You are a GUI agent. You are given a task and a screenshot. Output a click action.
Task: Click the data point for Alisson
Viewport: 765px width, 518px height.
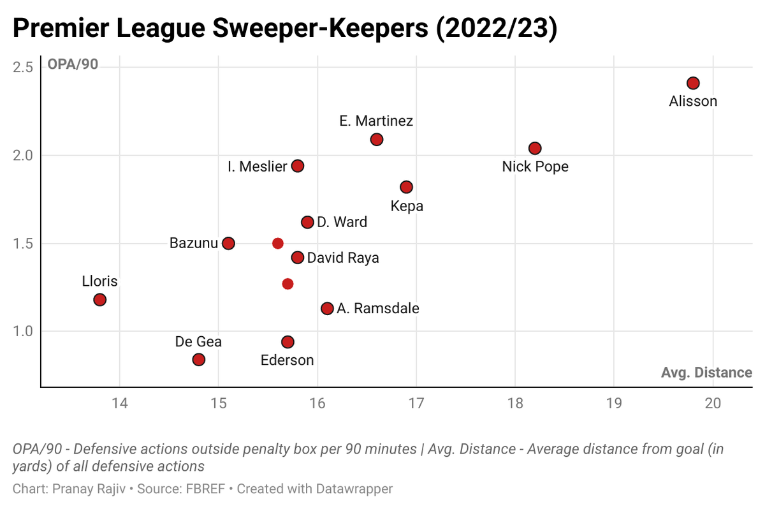tap(693, 84)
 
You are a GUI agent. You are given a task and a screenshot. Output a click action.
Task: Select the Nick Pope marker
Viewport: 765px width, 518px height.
tap(535, 148)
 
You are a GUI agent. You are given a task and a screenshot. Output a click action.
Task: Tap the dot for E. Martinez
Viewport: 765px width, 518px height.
tap(377, 139)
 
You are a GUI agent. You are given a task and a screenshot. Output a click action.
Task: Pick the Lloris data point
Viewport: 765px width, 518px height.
tap(99, 300)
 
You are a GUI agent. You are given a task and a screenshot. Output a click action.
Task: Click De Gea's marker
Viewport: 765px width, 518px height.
tap(199, 360)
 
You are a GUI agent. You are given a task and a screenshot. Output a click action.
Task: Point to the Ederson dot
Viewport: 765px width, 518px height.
tap(288, 342)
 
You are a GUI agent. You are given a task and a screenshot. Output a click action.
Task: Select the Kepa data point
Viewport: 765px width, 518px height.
tap(406, 187)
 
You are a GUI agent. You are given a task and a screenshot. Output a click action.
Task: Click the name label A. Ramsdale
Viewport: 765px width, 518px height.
tap(378, 309)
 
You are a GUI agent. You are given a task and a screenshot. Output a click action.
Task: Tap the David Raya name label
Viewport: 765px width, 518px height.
tap(343, 258)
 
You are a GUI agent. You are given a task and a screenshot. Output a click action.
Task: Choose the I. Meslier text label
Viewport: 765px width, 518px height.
tap(258, 166)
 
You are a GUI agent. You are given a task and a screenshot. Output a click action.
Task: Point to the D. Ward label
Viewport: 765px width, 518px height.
tap(342, 223)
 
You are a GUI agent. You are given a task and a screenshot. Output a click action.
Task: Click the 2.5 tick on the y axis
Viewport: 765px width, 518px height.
tap(22, 67)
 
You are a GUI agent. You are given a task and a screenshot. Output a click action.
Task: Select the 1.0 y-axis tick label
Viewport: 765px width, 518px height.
tap(22, 331)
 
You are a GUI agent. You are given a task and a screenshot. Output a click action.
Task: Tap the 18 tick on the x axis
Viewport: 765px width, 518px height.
tap(515, 403)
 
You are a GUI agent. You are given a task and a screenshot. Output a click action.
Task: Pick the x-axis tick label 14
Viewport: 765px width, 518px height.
tap(119, 403)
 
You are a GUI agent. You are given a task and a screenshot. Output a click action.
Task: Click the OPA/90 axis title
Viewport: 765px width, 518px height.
tap(73, 65)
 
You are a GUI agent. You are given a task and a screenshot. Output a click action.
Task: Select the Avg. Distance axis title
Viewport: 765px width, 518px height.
tap(706, 373)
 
